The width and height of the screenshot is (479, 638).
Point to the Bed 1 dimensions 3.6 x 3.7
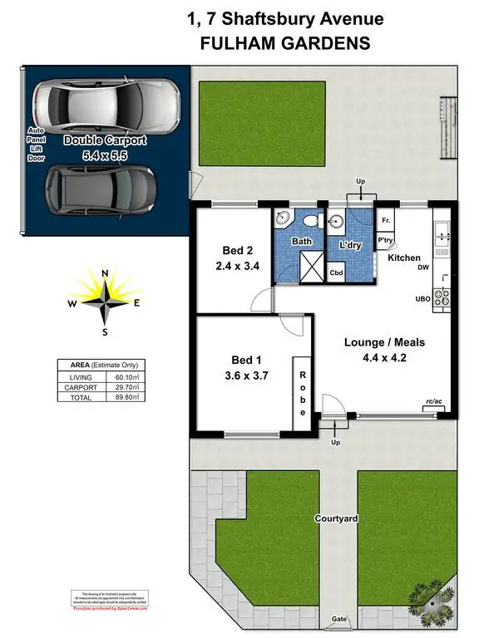[246, 376]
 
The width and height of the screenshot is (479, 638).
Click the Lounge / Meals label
[385, 342]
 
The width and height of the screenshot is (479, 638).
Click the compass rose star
[104, 302]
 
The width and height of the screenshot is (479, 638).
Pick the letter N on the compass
[104, 273]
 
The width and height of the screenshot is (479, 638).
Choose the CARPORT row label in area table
[77, 387]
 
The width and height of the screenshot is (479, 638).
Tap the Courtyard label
[336, 518]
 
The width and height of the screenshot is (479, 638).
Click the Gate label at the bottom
[338, 620]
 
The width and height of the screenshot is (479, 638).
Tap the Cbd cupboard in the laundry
[338, 272]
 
